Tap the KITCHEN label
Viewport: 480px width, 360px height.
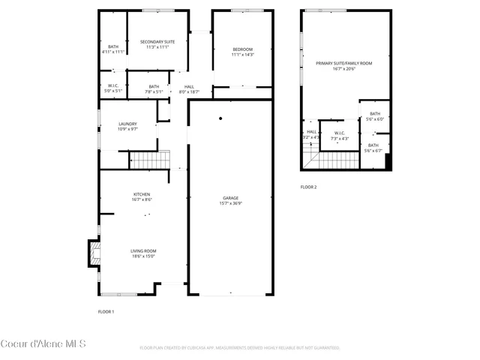coord(142,193)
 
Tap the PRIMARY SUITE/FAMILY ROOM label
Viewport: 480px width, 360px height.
coord(343,64)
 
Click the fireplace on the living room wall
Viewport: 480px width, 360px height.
coord(94,253)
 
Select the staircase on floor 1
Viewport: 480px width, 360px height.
coord(150,160)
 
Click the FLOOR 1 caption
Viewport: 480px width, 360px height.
coord(106,311)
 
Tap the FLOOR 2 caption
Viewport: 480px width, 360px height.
coord(308,187)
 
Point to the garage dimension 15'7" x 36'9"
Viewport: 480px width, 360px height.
coord(230,203)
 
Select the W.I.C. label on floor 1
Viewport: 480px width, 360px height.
coord(112,86)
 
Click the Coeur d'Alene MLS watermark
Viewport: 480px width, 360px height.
coord(43,344)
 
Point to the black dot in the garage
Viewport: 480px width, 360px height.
coord(220,118)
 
